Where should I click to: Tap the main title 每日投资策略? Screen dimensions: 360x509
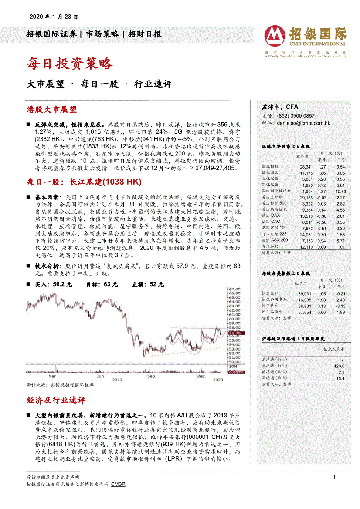point(70,64)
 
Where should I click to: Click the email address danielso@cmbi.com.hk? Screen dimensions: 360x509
point(303,123)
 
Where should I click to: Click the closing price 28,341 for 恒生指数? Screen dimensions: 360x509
point(306,167)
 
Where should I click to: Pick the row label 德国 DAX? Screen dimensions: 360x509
point(271,216)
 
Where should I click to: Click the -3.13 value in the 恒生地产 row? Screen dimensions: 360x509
point(340,306)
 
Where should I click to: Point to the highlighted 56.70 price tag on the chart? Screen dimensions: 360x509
point(234,334)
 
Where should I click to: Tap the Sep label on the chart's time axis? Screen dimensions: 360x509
point(151,375)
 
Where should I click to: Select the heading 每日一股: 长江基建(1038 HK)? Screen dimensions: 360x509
point(84,182)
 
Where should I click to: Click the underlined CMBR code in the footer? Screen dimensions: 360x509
point(118,484)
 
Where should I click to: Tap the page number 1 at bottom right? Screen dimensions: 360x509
point(334,477)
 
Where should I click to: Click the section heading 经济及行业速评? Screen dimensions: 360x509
point(56,400)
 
